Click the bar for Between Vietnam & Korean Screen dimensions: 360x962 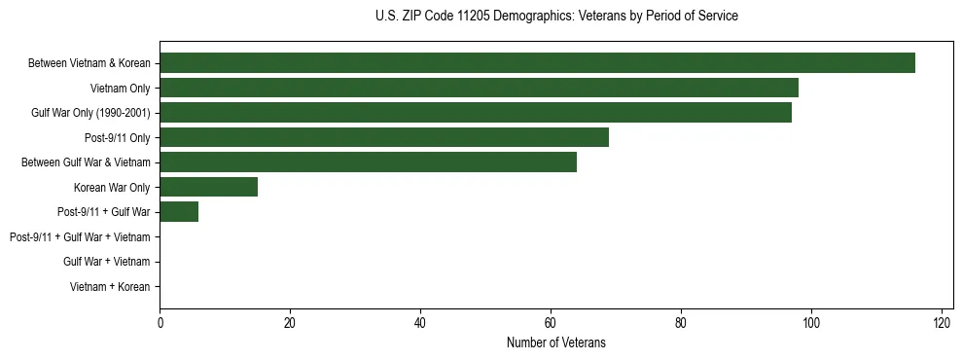click(x=537, y=63)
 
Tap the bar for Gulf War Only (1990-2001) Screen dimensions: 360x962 click(x=476, y=113)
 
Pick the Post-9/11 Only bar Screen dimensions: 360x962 click(x=384, y=137)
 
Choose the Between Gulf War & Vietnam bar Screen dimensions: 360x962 click(x=368, y=162)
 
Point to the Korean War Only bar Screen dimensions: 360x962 click(x=208, y=187)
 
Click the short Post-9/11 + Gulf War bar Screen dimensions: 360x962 click(x=179, y=212)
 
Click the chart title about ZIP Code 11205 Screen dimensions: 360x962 click(x=555, y=17)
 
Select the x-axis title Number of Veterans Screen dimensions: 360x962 click(x=555, y=342)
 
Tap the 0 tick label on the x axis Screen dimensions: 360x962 click(x=160, y=323)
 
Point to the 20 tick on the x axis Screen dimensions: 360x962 click(x=290, y=323)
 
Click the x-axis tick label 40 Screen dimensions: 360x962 click(x=420, y=323)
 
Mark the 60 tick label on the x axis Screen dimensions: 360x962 click(x=551, y=323)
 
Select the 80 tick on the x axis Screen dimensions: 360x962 click(x=681, y=323)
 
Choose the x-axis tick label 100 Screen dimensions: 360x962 click(x=811, y=323)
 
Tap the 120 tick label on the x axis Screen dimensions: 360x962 click(x=942, y=323)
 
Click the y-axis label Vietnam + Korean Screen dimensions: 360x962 click(x=110, y=287)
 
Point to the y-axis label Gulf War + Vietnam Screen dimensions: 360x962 click(x=106, y=262)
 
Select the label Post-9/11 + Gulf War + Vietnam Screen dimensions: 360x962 click(x=80, y=237)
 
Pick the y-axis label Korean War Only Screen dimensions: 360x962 click(x=112, y=188)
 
